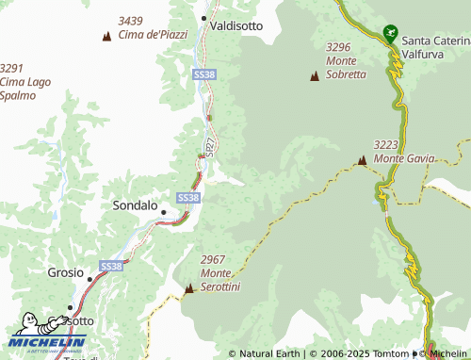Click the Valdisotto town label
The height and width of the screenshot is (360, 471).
click(236, 26)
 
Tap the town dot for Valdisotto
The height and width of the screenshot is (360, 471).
click(203, 18)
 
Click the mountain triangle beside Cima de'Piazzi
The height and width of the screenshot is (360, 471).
click(106, 36)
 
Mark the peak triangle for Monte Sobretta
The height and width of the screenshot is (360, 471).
click(314, 75)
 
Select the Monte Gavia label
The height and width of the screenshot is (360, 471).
click(403, 152)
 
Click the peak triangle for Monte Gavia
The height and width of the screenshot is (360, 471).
click(362, 161)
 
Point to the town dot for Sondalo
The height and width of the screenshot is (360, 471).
click(163, 212)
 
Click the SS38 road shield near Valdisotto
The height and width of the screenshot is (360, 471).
click(203, 73)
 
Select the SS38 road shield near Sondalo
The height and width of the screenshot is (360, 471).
click(187, 197)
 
